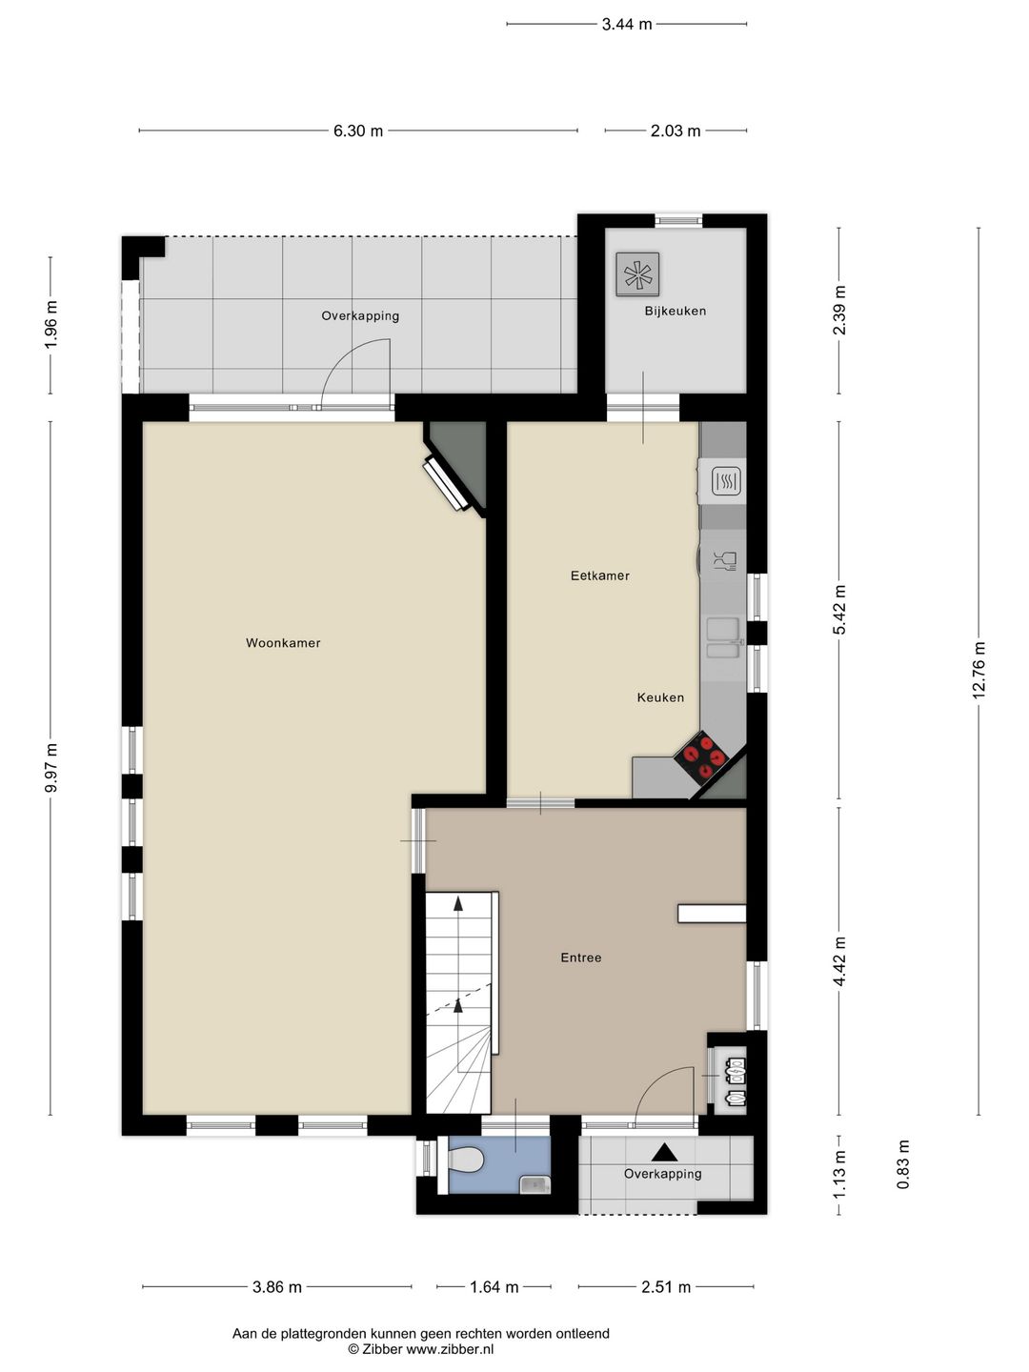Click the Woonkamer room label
coord(283,642)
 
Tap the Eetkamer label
coord(600,575)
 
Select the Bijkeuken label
coord(676,312)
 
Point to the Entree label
coord(581,958)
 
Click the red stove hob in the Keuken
coord(701,757)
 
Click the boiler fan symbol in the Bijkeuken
coord(638,273)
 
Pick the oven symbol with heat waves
coord(727,481)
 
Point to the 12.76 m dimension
coord(979,670)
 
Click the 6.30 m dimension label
coord(358,131)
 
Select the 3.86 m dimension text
coord(276,1287)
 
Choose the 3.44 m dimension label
coord(627,24)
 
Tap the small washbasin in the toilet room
coord(535,1184)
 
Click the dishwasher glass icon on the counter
coord(725,560)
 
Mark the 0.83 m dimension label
coord(903,1164)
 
